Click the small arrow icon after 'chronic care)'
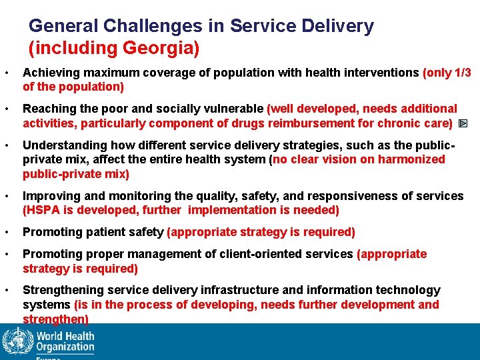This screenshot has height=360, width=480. pos(463,123)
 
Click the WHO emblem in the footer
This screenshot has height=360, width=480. pos(17,341)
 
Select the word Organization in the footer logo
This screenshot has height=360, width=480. pos(65,347)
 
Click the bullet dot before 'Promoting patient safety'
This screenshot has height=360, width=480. pos(5,232)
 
